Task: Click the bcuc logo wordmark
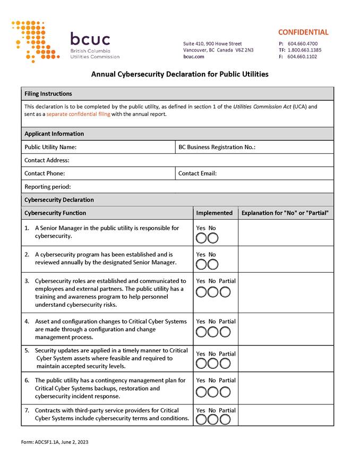click(90, 40)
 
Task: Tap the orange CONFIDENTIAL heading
click(303, 32)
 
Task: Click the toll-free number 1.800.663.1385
click(304, 50)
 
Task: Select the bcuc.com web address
click(194, 56)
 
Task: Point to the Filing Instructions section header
click(48, 94)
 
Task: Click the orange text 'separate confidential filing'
click(78, 114)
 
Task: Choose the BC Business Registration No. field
click(292, 147)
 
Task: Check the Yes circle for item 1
click(201, 237)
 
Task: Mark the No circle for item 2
click(213, 264)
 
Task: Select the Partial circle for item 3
click(226, 291)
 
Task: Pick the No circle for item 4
click(213, 332)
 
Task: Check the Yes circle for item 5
click(201, 364)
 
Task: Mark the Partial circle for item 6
click(226, 392)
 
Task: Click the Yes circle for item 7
click(201, 419)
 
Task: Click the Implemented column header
click(215, 213)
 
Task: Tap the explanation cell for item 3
click(286, 292)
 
